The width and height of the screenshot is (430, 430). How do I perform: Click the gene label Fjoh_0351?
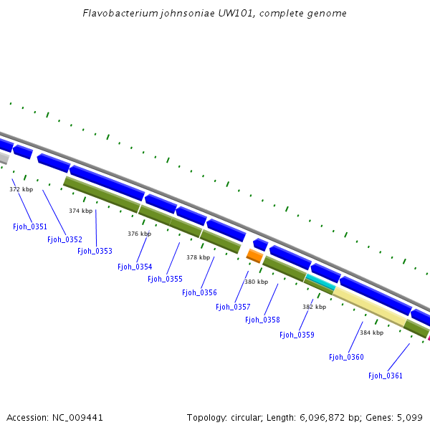tap(30, 226)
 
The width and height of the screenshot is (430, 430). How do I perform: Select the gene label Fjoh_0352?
tap(64, 239)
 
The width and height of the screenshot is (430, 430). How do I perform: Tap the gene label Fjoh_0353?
tap(95, 251)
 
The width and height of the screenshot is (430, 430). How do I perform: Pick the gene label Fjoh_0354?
tap(135, 267)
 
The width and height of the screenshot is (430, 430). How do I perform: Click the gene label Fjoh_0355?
tap(165, 279)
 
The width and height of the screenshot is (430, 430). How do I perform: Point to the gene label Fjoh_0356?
tap(199, 292)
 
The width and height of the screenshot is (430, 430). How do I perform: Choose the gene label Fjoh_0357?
tap(233, 307)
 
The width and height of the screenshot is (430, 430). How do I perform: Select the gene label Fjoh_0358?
tap(262, 320)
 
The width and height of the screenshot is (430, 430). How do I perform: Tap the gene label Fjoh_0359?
tap(297, 335)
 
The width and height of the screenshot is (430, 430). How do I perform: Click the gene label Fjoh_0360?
tap(346, 357)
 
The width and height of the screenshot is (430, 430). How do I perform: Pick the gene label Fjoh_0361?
tap(386, 376)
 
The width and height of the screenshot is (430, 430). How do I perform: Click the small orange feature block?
tap(254, 255)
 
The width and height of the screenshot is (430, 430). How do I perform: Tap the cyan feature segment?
tap(320, 283)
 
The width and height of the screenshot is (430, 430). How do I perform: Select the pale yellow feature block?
tap(370, 306)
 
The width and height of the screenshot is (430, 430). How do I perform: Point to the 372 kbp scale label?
tap(21, 189)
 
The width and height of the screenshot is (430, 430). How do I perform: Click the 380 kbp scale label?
tap(256, 282)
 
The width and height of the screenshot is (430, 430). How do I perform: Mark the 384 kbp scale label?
tap(371, 333)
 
